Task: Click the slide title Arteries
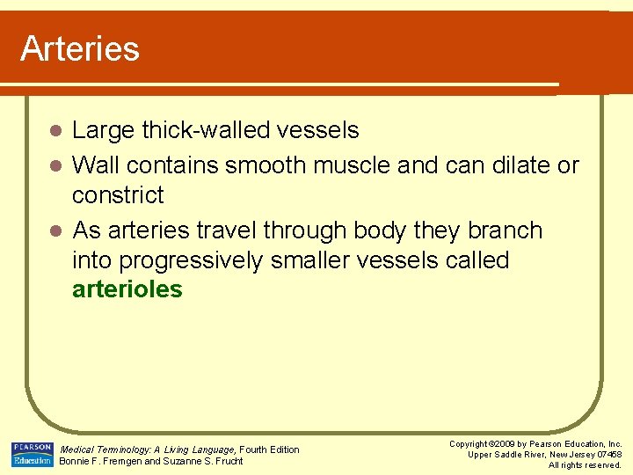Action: coord(80,48)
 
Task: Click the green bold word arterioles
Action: coord(127,289)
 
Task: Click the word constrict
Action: coord(118,194)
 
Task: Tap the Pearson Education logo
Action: coord(32,455)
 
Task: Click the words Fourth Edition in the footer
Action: coord(270,449)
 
